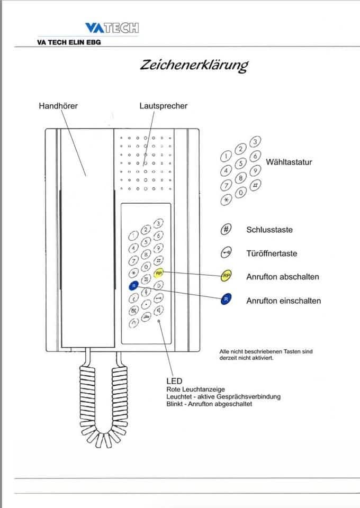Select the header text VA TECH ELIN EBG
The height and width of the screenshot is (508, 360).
69,42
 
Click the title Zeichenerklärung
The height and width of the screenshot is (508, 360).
194,65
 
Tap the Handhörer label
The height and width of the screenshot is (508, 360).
58,106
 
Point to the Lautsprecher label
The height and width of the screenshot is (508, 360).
163,106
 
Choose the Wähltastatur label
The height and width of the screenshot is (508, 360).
289,162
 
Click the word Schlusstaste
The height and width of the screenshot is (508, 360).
269,230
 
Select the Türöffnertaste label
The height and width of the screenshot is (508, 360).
272,253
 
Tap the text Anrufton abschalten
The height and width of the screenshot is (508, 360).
283,277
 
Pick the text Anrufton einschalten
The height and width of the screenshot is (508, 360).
283,301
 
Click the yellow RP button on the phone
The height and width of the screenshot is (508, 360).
159,273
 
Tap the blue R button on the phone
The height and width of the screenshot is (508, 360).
133,286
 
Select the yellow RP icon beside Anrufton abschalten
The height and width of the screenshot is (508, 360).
226,276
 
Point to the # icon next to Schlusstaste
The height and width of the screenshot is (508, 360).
226,230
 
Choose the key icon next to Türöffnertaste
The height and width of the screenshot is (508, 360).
226,253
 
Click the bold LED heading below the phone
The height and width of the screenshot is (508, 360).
174,381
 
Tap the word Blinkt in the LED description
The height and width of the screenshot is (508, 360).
175,404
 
